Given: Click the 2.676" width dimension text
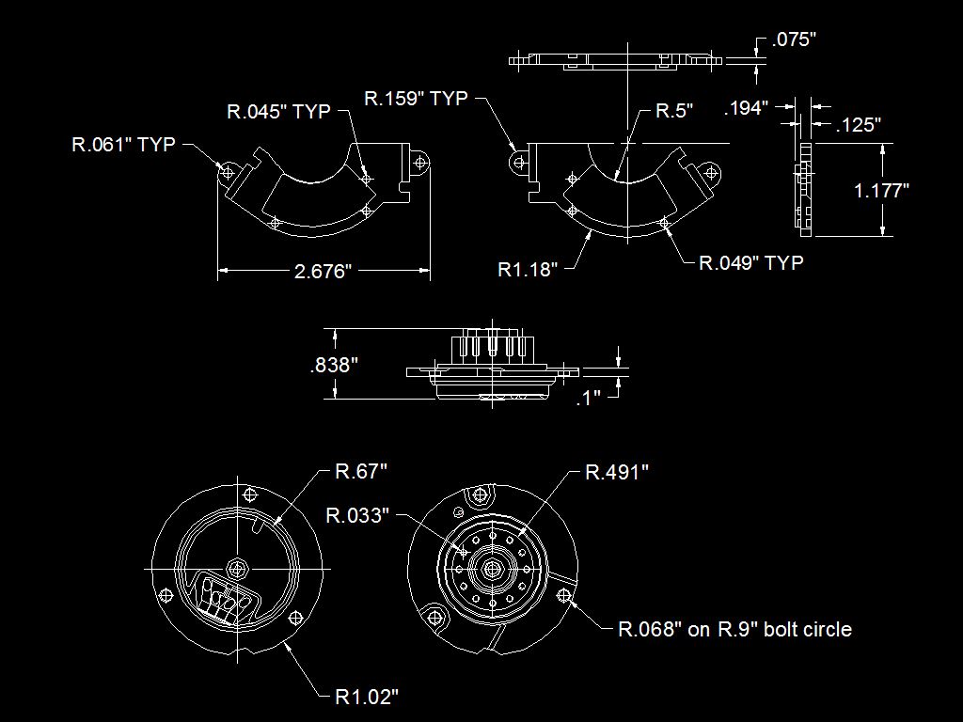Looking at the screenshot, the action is point(323,271).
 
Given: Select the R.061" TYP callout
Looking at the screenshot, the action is point(123,144).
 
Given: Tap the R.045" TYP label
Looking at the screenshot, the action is point(278,111).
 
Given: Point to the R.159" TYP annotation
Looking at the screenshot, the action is point(416,98).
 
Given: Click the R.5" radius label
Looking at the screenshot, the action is point(674,111).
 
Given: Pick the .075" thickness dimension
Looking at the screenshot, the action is point(794,39).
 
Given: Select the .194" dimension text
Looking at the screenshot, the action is point(746,108).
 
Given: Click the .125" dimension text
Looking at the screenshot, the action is point(859,125).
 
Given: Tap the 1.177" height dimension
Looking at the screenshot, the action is point(881,190).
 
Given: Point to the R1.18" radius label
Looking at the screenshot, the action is point(528,269).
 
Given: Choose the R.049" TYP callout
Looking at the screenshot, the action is point(751,263).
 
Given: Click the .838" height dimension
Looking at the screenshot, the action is point(334,366).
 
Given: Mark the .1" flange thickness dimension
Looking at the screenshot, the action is point(589,398).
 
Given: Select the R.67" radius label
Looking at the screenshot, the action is point(361,472).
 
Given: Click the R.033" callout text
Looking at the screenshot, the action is point(357,515).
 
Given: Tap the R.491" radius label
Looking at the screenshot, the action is point(617,472).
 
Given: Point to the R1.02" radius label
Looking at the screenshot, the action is point(367,697).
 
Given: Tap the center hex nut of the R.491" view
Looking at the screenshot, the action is point(492,569).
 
